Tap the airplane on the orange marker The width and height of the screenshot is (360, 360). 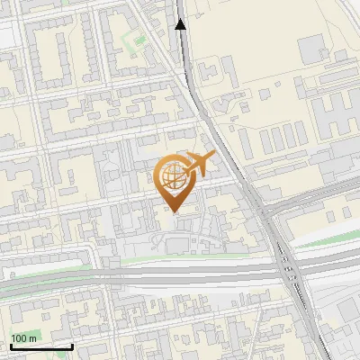pyautogui.click(x=200, y=164)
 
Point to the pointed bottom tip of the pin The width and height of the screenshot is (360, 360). pyautogui.click(x=173, y=212)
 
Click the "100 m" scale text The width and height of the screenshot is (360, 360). pyautogui.click(x=23, y=337)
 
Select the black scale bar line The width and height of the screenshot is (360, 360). pyautogui.click(x=40, y=346)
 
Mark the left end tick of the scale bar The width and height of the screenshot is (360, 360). pyautogui.click(x=10, y=345)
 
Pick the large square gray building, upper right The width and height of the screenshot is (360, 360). pyautogui.click(x=311, y=49)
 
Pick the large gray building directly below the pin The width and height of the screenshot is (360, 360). pyautogui.click(x=176, y=244)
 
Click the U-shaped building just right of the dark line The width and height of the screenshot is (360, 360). pyautogui.click(x=209, y=67)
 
